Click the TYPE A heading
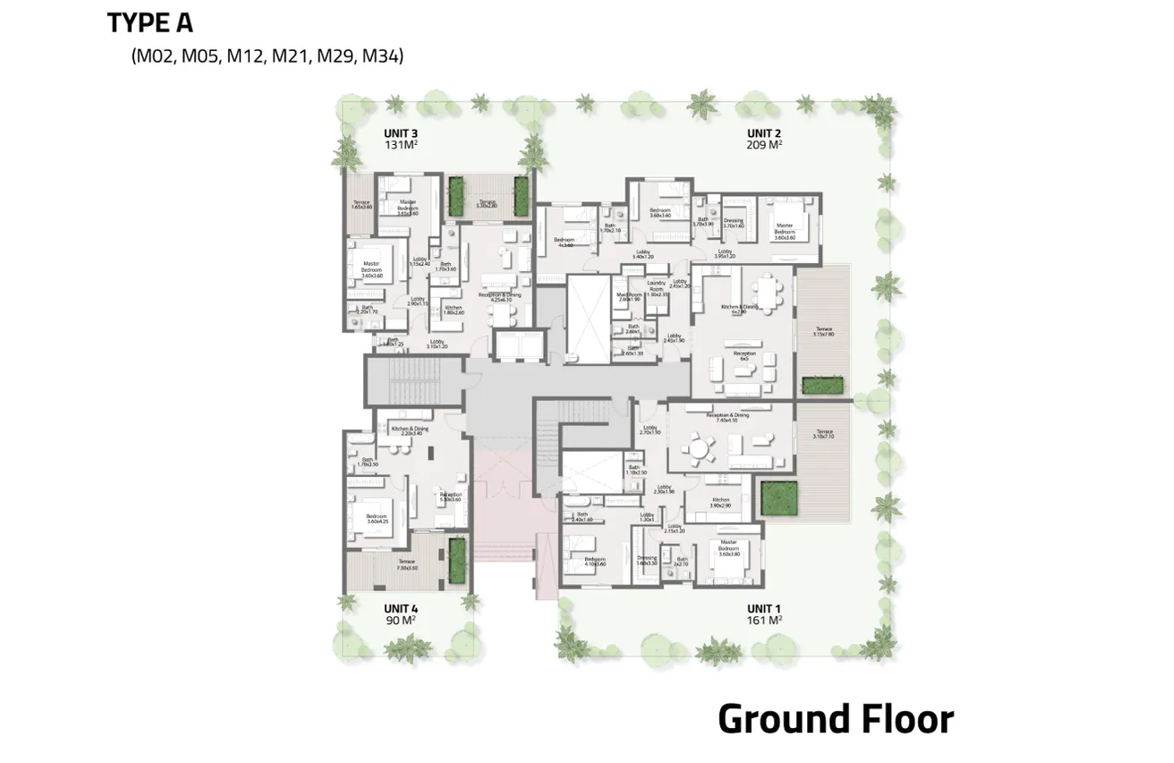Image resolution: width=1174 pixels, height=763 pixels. click(x=149, y=23)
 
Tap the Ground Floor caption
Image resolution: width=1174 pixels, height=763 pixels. click(x=835, y=719)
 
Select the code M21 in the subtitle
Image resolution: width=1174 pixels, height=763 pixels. click(x=289, y=56)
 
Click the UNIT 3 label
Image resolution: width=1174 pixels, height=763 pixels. click(x=401, y=133)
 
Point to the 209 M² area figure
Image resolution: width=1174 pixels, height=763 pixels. click(x=765, y=144)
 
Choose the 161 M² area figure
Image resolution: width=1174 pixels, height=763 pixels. click(x=765, y=619)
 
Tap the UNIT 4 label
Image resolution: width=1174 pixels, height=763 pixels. click(x=401, y=608)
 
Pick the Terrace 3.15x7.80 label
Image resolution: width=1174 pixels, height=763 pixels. click(x=823, y=332)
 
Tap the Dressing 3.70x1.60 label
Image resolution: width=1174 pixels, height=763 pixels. click(x=734, y=224)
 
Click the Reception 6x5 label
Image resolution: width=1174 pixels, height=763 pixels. click(x=744, y=356)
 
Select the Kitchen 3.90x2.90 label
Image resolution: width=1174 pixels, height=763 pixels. click(x=721, y=504)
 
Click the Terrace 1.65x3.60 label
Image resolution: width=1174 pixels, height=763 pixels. click(x=361, y=205)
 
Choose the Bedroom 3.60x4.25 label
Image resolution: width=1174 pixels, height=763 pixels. click(x=376, y=519)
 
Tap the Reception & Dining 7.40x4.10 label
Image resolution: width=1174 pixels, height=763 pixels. click(x=727, y=417)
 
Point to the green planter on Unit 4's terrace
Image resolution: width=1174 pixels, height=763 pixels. click(x=456, y=558)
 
